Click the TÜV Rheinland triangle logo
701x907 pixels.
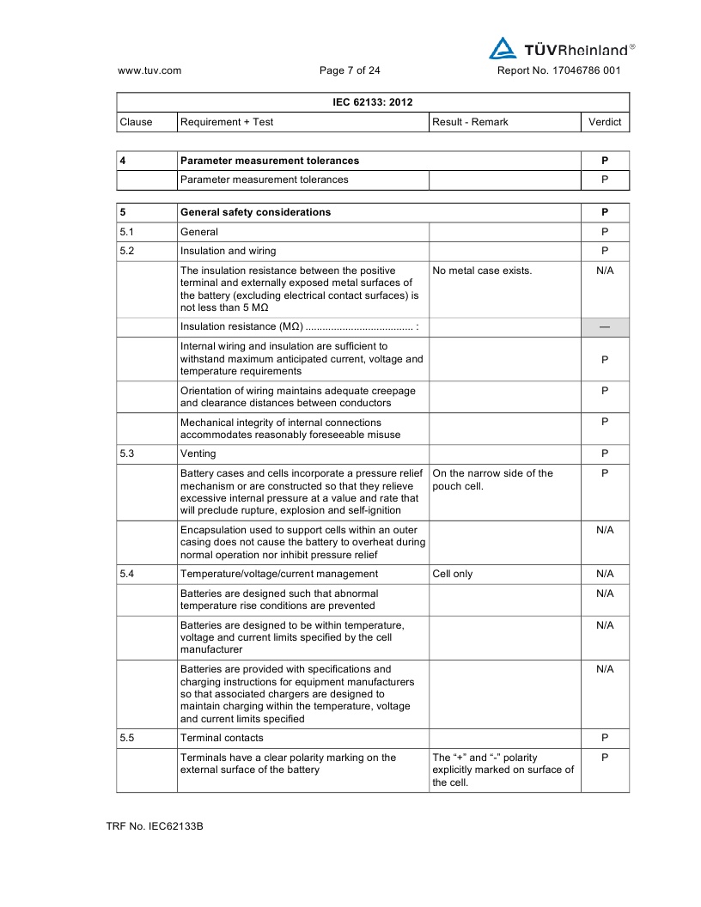pyautogui.click(x=503, y=48)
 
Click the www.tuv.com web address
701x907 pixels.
pyautogui.click(x=149, y=70)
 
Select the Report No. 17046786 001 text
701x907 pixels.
pyautogui.click(x=558, y=70)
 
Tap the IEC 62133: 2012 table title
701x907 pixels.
pyautogui.click(x=373, y=102)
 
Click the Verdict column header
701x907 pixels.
pyautogui.click(x=605, y=122)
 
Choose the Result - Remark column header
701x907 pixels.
pyautogui.click(x=470, y=122)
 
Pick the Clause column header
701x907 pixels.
pyautogui.click(x=137, y=122)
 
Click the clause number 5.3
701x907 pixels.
pyautogui.click(x=127, y=453)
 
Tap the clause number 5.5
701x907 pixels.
pyautogui.click(x=127, y=738)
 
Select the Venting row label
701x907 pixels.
pyautogui.click(x=198, y=453)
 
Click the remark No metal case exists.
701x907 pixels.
pyautogui.click(x=482, y=271)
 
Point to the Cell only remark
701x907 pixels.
pyautogui.click(x=453, y=574)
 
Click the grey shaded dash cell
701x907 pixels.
pyautogui.click(x=605, y=327)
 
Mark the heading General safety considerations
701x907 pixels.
pyautogui.click(x=255, y=212)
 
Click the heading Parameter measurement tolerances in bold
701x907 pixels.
pyautogui.click(x=270, y=161)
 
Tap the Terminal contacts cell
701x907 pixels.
pyautogui.click(x=222, y=738)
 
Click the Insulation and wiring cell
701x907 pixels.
pyautogui.click(x=228, y=251)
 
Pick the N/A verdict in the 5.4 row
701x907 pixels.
pyautogui.click(x=605, y=574)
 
